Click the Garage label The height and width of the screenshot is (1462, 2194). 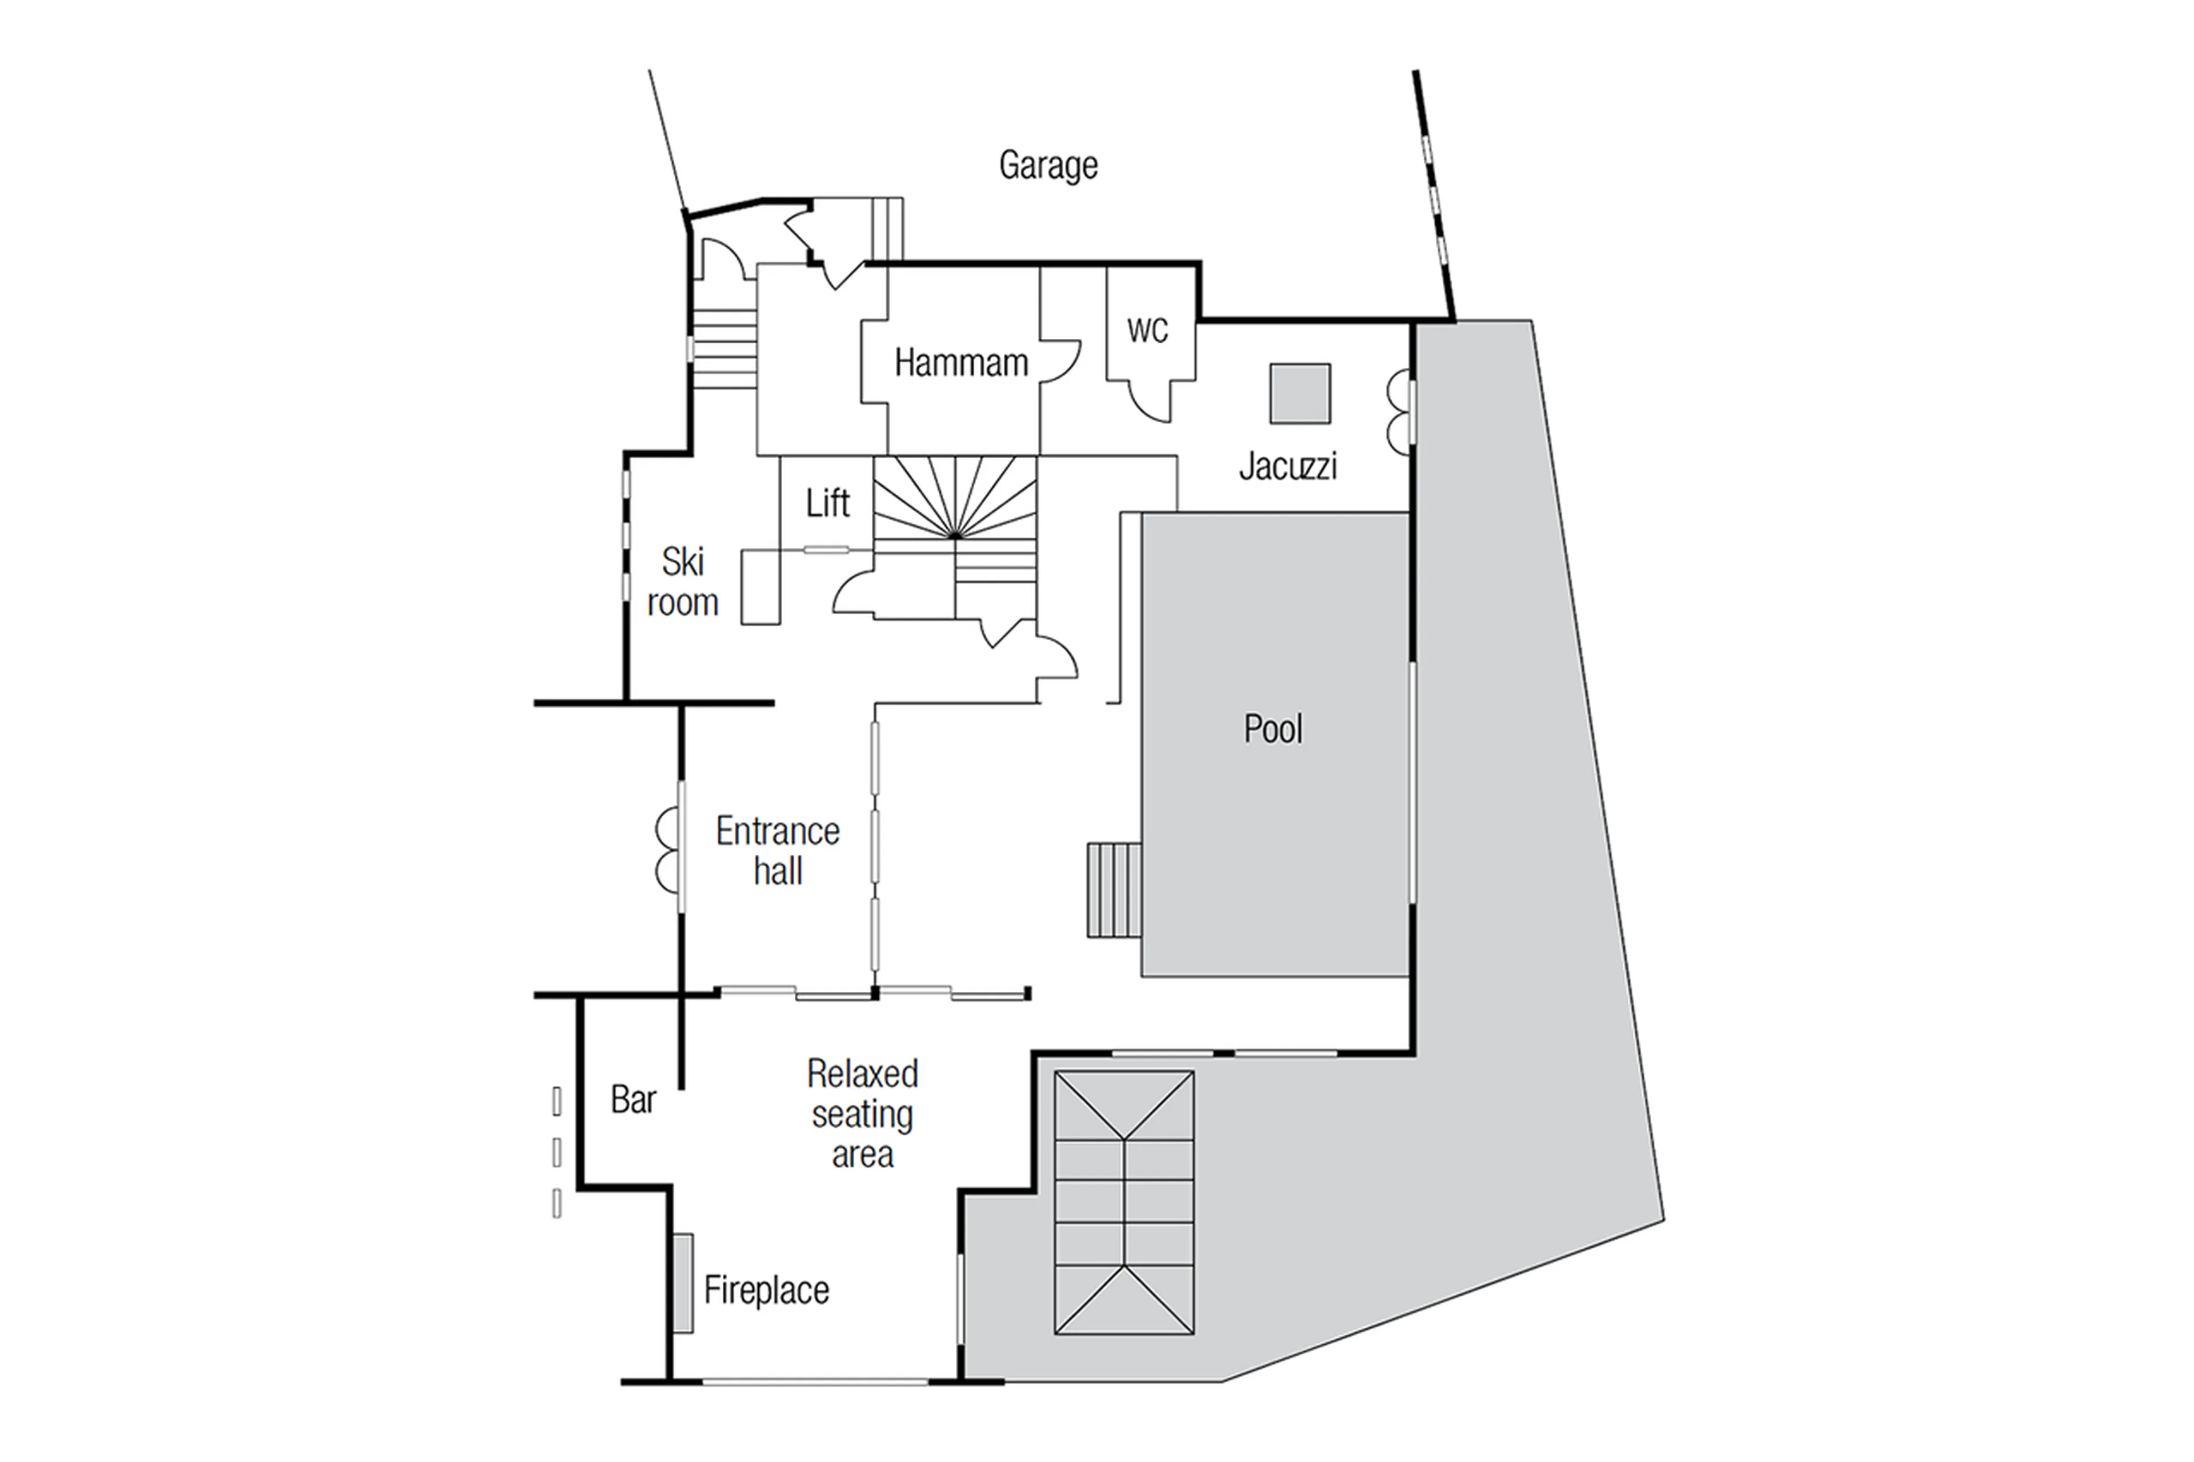[x=1047, y=166]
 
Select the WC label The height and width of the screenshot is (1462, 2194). [x=1146, y=330]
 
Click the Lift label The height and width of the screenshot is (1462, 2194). [x=827, y=503]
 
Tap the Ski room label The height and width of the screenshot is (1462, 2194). [x=683, y=582]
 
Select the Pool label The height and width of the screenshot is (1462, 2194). [x=1273, y=728]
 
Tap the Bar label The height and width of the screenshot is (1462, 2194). [x=633, y=1100]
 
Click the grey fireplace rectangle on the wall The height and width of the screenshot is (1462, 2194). [x=683, y=1283]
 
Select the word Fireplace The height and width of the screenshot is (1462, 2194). [x=766, y=1291]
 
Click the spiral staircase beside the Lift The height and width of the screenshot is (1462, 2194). [x=955, y=503]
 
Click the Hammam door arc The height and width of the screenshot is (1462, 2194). [x=1061, y=362]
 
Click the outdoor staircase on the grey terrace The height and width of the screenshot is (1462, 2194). [x=1124, y=1203]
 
